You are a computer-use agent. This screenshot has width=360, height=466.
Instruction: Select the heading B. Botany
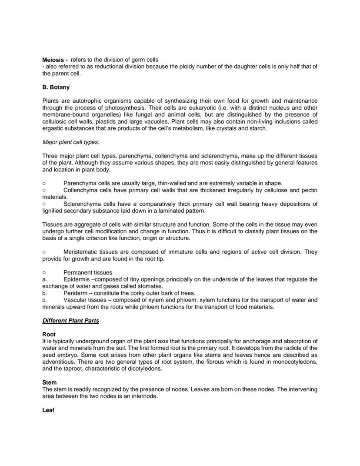[x=56, y=87]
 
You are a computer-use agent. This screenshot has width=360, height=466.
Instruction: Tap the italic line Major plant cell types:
[x=71, y=142]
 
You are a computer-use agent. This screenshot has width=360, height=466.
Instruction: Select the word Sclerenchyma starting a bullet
[x=83, y=204]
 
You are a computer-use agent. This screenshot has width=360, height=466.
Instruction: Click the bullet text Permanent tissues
[x=87, y=272]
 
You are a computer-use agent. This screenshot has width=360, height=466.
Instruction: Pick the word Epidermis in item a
[x=77, y=279]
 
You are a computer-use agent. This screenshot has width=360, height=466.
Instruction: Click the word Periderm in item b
[x=75, y=293]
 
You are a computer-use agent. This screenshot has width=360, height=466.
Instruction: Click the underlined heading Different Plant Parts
[x=70, y=321]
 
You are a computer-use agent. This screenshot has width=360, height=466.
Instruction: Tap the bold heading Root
[x=49, y=334]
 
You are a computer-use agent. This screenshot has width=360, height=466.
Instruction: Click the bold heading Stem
[x=49, y=382]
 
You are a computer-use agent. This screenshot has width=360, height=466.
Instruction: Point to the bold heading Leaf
[x=48, y=410]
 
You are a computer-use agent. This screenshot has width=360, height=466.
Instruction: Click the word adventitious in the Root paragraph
[x=59, y=362]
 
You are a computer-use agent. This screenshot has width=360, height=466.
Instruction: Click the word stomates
[x=150, y=286]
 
